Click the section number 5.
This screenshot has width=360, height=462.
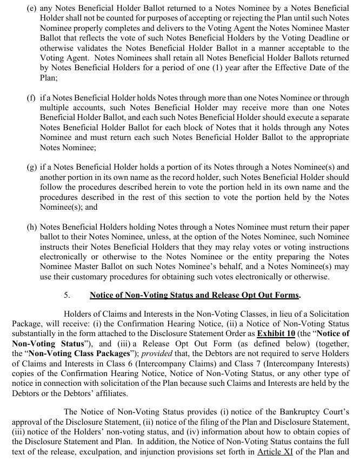click(67, 295)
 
